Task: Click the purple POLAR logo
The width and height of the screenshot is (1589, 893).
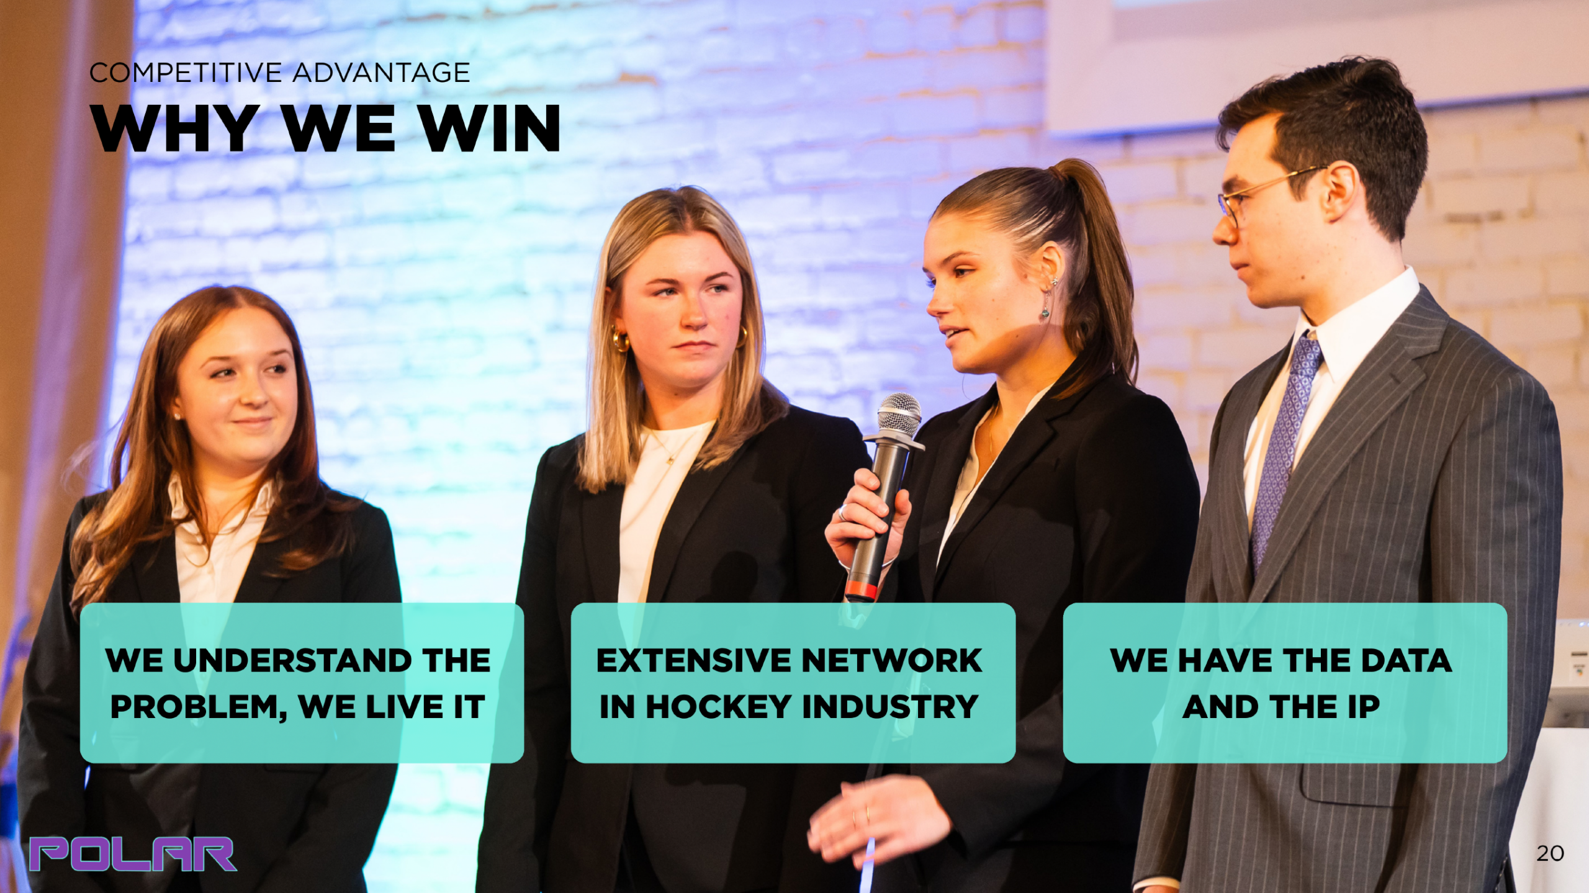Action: point(133,854)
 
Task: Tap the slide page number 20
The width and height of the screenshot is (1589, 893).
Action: point(1550,853)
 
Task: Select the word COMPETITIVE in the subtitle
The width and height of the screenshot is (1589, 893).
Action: point(186,73)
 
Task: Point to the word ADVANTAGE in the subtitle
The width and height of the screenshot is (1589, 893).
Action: point(381,73)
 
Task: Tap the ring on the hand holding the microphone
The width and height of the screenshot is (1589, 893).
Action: point(843,513)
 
